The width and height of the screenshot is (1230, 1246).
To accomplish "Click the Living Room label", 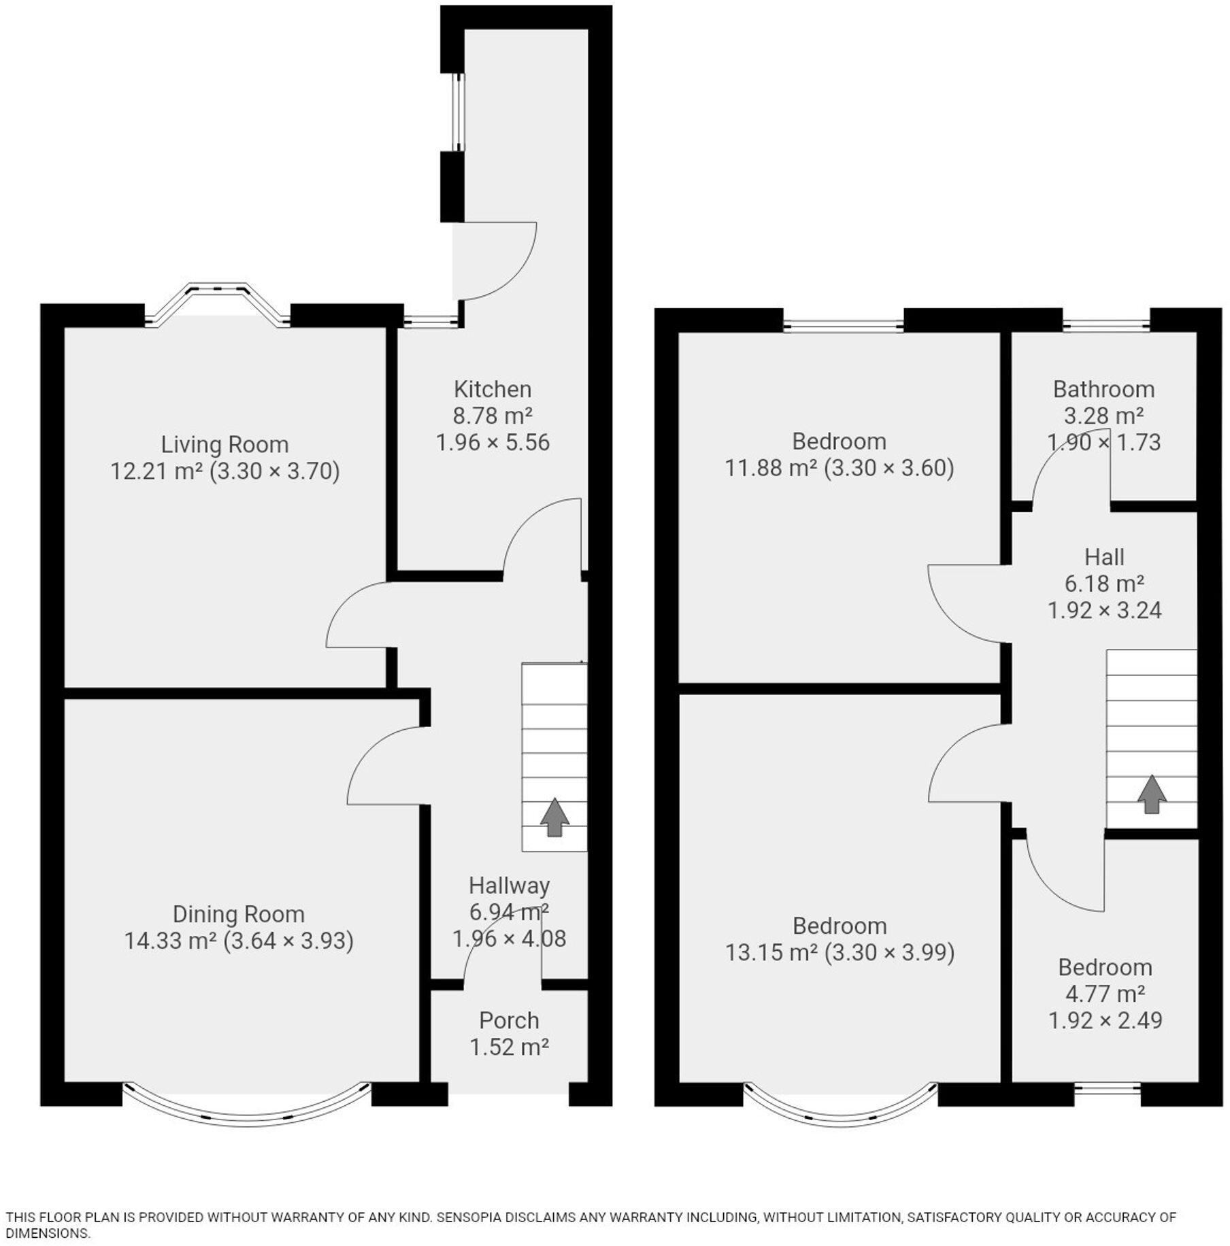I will pyautogui.click(x=225, y=445).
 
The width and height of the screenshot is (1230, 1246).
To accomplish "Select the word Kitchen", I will pyautogui.click(x=493, y=390).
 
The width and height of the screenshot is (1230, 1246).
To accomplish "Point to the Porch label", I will pyautogui.click(x=509, y=1021).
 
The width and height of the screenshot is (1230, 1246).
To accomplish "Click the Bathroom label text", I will pyautogui.click(x=1103, y=390).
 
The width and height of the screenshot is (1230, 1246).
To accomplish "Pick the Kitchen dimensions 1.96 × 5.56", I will pyautogui.click(x=493, y=443).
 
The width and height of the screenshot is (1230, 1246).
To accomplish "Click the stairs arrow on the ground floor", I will pyautogui.click(x=554, y=817).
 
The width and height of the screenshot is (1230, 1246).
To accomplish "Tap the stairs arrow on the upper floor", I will pyautogui.click(x=1151, y=794).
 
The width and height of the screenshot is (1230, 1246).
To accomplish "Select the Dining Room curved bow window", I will pyautogui.click(x=248, y=1116).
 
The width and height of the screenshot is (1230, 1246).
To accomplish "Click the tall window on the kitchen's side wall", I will pyautogui.click(x=459, y=112).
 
